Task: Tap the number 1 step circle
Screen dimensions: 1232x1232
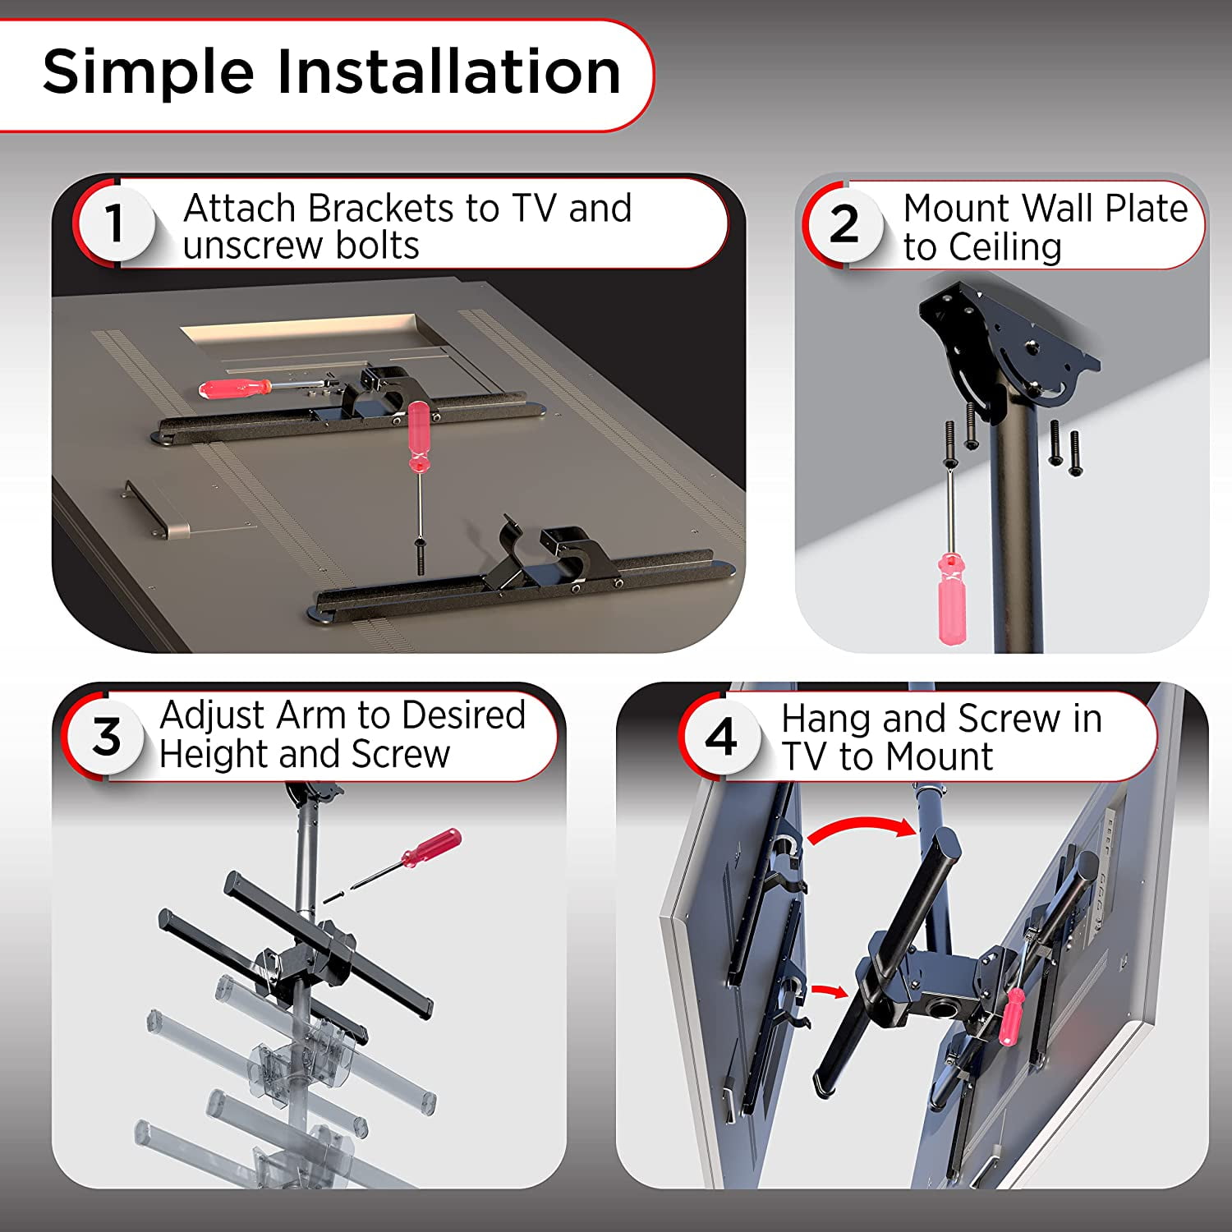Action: [x=115, y=223]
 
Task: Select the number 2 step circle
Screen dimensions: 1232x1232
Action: [x=844, y=223]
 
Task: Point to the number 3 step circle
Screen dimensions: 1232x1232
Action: [x=107, y=736]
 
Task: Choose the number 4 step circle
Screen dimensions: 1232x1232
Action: [x=721, y=736]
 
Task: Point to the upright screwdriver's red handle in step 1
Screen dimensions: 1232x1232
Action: [x=419, y=435]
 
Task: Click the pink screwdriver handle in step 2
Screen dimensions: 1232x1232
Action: [x=952, y=598]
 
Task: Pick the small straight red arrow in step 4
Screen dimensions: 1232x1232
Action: [x=829, y=991]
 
